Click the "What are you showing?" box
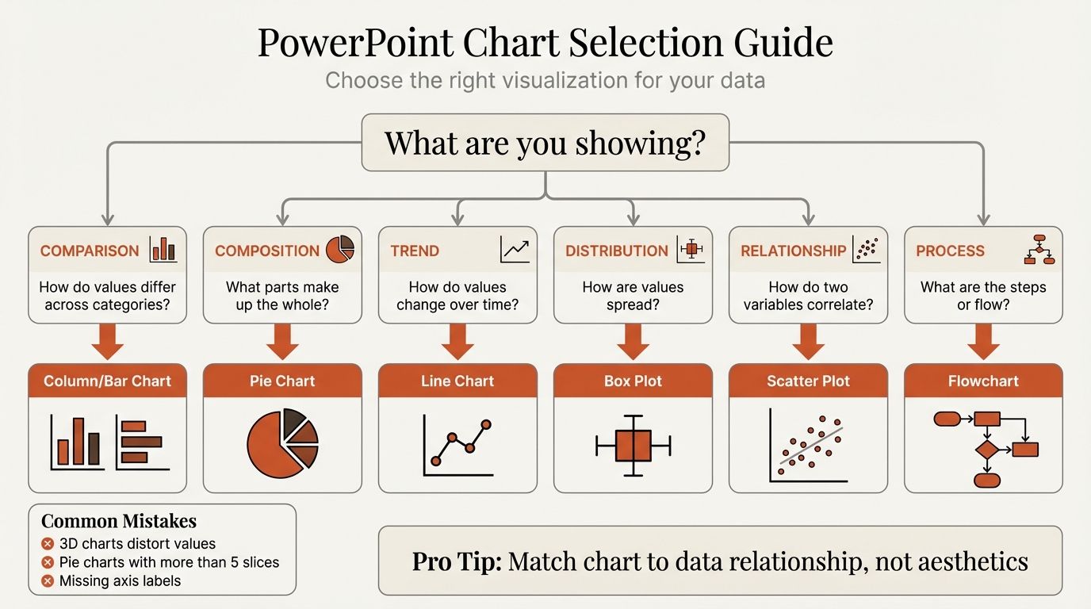tap(545, 143)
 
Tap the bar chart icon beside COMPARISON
tap(163, 249)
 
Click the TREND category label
tap(415, 251)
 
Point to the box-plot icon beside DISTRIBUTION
tap(691, 249)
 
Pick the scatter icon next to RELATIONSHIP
tap(866, 249)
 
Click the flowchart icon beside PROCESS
tap(1039, 249)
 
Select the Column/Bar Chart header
tap(107, 381)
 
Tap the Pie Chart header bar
tap(282, 381)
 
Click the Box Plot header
tap(633, 381)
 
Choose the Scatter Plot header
tap(808, 381)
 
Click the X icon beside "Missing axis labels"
tap(48, 581)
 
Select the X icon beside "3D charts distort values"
tap(48, 544)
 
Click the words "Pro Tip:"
tap(457, 561)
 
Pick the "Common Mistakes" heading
tap(119, 521)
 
